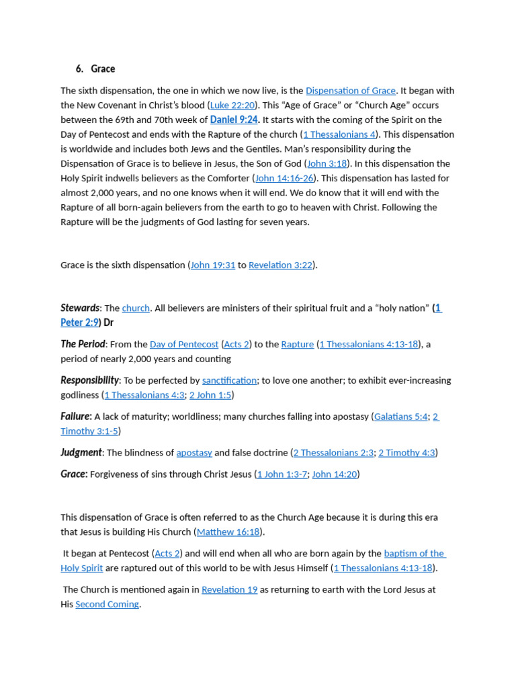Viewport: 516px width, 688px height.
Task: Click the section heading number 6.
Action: tap(79, 69)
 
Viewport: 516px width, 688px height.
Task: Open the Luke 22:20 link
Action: tap(232, 105)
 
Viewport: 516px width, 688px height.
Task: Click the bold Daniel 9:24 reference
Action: tap(233, 120)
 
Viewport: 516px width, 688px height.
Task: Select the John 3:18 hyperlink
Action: tap(327, 164)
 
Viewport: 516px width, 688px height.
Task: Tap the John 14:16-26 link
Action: tap(284, 179)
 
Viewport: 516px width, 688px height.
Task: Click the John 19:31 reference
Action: tap(213, 265)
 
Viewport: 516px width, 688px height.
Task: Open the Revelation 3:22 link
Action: tap(280, 265)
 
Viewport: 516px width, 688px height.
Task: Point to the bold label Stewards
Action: tap(80, 308)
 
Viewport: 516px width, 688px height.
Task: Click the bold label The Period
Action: tap(83, 344)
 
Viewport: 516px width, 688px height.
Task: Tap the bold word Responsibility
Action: tap(89, 380)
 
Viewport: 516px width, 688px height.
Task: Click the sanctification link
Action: tap(229, 381)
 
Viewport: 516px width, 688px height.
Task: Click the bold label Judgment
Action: tap(81, 453)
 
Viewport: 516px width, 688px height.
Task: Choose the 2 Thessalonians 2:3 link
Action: tap(333, 454)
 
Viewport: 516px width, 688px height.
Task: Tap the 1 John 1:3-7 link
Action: tap(282, 474)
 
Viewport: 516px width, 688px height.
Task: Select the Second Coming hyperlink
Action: tap(107, 605)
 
